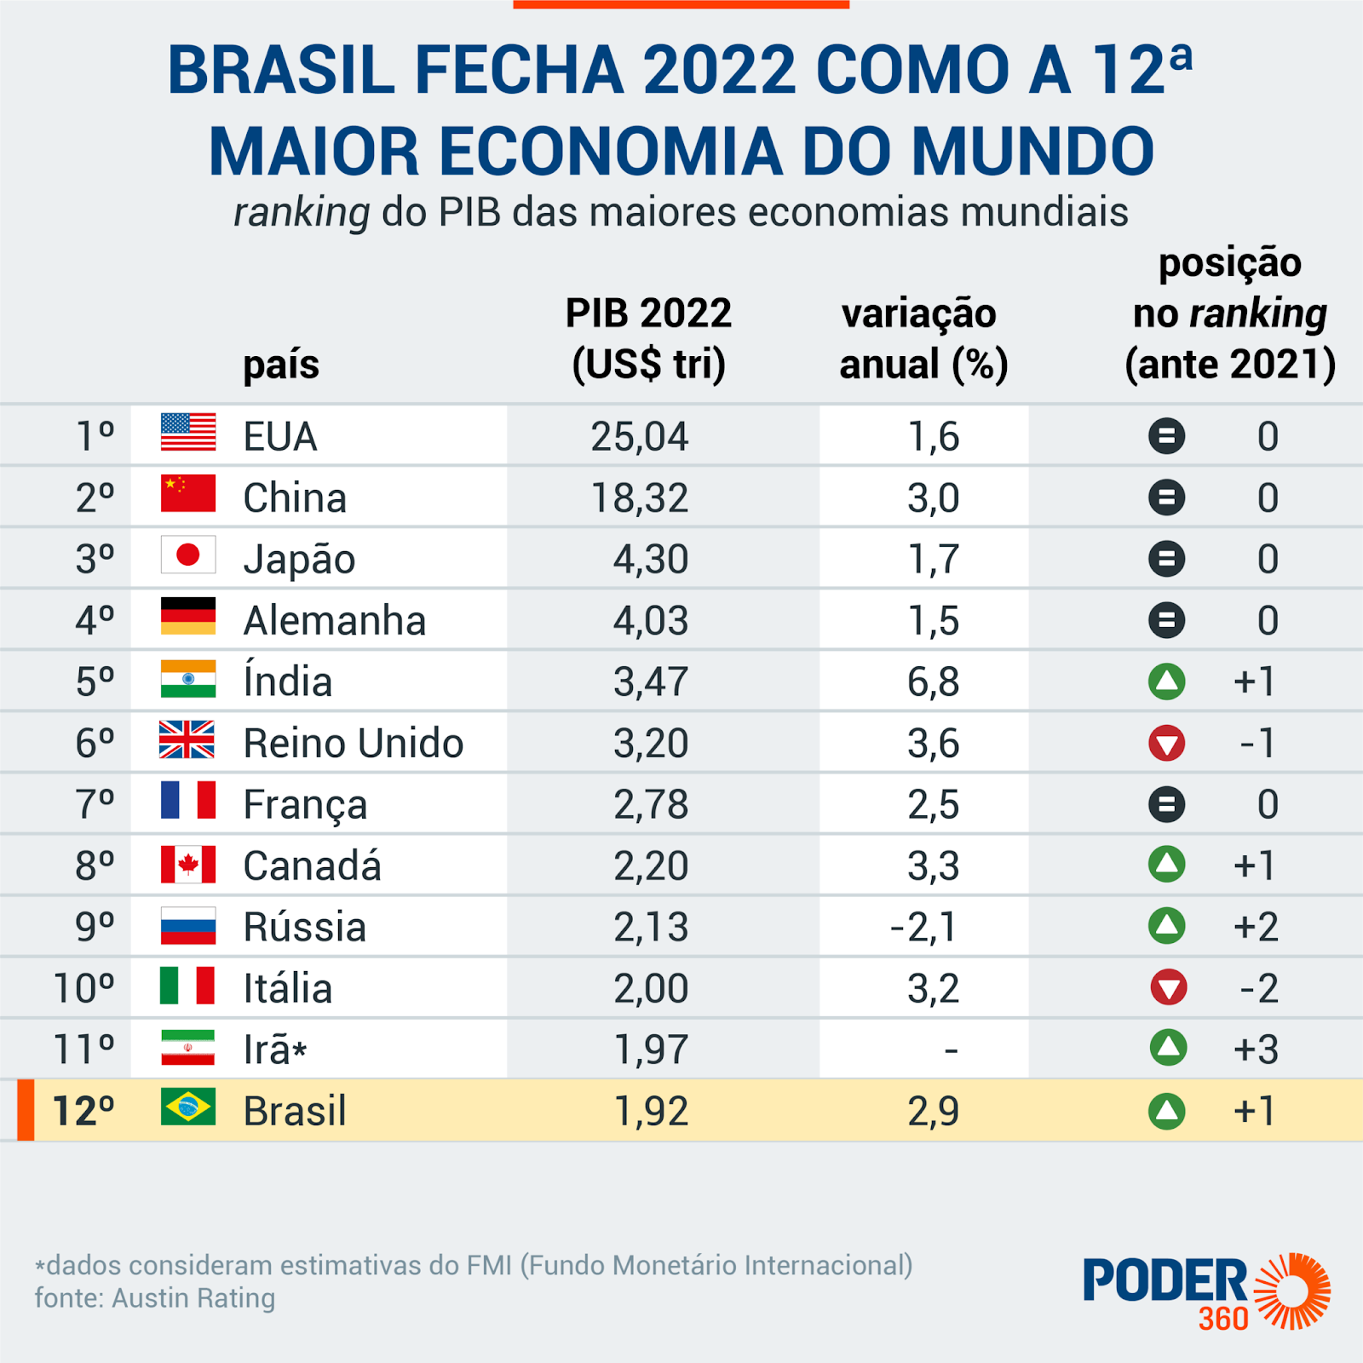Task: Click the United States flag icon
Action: coord(188,433)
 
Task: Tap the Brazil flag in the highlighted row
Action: coord(188,1107)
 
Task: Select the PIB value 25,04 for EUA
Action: coord(640,437)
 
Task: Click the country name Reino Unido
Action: coord(354,744)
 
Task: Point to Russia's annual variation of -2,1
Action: coord(923,927)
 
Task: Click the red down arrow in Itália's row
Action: coord(1167,988)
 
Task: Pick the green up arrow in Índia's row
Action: coord(1167,681)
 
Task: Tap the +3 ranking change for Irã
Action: coord(1256,1050)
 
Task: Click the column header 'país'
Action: coord(281,365)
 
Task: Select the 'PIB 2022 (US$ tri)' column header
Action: coord(648,339)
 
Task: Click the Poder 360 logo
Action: coord(1206,1291)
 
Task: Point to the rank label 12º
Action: coord(83,1111)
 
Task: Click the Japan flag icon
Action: coord(188,555)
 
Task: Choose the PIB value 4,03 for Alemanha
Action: coord(651,621)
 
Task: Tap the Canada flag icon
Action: coord(188,866)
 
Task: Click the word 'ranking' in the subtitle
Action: coord(302,213)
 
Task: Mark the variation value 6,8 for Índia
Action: coord(934,682)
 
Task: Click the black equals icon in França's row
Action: coord(1167,804)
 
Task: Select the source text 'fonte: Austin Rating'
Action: coord(155,1298)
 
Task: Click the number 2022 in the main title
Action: coord(720,71)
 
